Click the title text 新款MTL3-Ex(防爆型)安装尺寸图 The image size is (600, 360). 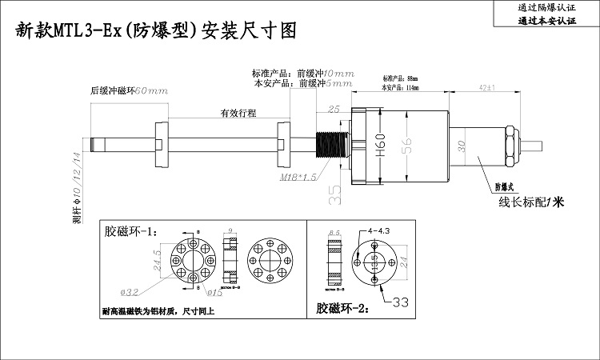[x=157, y=31]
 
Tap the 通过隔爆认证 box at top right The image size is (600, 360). [x=546, y=7]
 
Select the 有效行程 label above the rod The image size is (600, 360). [x=238, y=114]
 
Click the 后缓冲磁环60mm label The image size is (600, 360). [x=129, y=90]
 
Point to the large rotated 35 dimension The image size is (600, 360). [x=334, y=192]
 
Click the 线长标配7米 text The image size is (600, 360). [x=531, y=202]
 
